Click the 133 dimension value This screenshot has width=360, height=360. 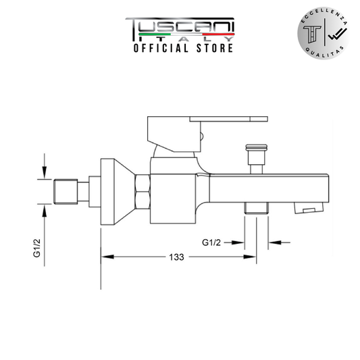point(176,257)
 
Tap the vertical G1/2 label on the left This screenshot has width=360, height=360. point(37,248)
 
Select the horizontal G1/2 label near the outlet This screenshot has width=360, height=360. point(211,242)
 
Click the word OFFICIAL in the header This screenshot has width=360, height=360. point(161,48)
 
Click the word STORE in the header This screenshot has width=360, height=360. point(215,48)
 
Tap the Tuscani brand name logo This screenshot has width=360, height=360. point(180,29)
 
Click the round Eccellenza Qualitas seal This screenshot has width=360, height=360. point(324,33)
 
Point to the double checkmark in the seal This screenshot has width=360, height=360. point(338,34)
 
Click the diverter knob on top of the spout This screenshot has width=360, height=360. point(257,159)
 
